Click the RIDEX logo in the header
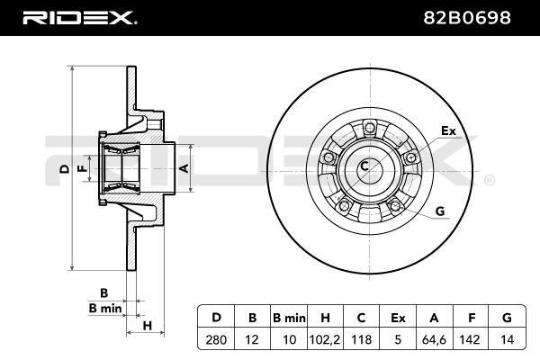79,18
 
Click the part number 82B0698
467,18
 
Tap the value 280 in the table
216,339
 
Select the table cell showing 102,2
325,339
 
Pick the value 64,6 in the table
434,339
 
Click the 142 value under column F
470,339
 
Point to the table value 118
361,339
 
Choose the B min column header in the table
289,318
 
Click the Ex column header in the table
398,318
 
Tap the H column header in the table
325,318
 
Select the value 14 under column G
507,339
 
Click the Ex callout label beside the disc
449,130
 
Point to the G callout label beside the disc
440,211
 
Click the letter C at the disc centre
364,166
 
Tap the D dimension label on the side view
65,169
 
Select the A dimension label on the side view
184,168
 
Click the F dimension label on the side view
82,168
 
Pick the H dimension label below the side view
147,326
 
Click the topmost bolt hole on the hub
370,128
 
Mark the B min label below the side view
105,308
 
